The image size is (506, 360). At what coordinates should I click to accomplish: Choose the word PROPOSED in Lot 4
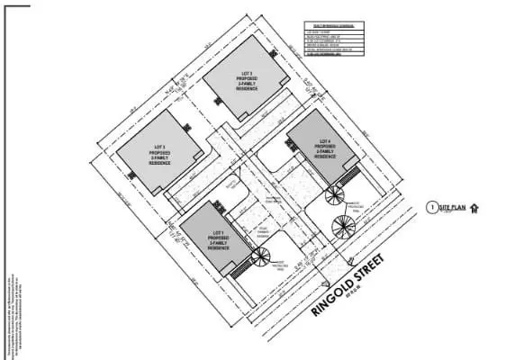324,148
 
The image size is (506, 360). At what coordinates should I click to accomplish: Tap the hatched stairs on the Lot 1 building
239,269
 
